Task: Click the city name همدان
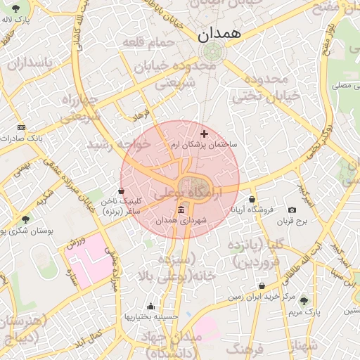[x=219, y=33]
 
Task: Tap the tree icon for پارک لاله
[x=16, y=8]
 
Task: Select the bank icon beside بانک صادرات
[x=21, y=127]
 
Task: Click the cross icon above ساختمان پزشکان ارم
[x=205, y=134]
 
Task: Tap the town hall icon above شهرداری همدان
[x=181, y=210]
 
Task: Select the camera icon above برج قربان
[x=292, y=210]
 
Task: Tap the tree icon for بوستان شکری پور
[x=26, y=220]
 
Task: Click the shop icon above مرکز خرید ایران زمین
[x=262, y=286]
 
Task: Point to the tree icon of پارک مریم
[x=304, y=300]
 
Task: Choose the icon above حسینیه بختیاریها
[x=150, y=306]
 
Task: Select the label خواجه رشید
[x=119, y=144]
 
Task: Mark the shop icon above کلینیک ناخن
[x=122, y=191]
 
